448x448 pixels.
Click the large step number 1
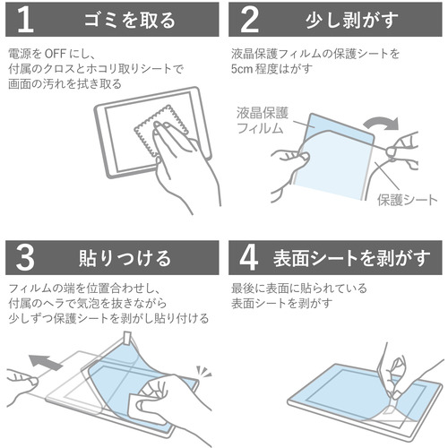click(x=25, y=20)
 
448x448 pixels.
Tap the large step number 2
click(x=249, y=20)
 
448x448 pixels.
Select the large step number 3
click(x=25, y=258)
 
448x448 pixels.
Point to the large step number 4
click(x=249, y=258)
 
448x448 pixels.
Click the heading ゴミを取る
click(x=130, y=21)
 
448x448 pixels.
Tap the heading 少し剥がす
click(x=352, y=21)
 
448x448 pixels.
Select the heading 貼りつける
click(x=125, y=258)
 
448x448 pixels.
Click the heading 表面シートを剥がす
click(x=351, y=258)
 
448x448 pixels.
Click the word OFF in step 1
click(x=55, y=54)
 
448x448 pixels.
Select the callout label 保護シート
click(x=407, y=200)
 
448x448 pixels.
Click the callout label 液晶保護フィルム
click(x=263, y=121)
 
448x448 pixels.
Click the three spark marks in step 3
click(x=203, y=371)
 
